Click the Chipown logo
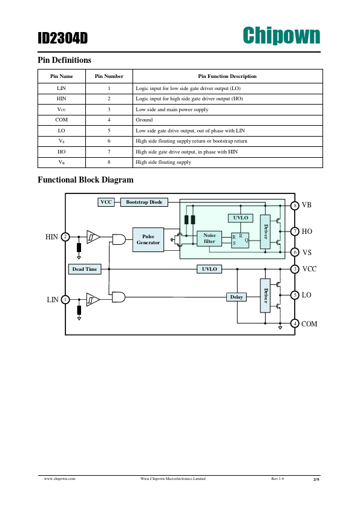tap(281, 36)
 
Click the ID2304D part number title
tap(63, 38)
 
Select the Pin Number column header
tap(109, 76)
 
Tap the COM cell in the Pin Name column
tap(61, 120)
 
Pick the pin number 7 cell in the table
tap(109, 152)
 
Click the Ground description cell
tap(227, 120)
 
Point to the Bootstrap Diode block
tap(144, 203)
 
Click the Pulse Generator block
tap(148, 239)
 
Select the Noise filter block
tap(209, 239)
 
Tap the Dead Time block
tap(85, 269)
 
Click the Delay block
tap(237, 297)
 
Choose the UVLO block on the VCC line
tap(209, 269)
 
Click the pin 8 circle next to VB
tap(295, 206)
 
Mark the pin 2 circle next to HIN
tap(65, 237)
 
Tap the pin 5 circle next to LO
tap(295, 295)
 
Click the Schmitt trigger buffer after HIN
tap(93, 237)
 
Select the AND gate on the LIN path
tap(119, 297)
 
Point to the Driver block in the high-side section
tap(265, 232)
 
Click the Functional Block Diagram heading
tap(85, 180)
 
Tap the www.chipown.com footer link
tap(60, 479)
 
